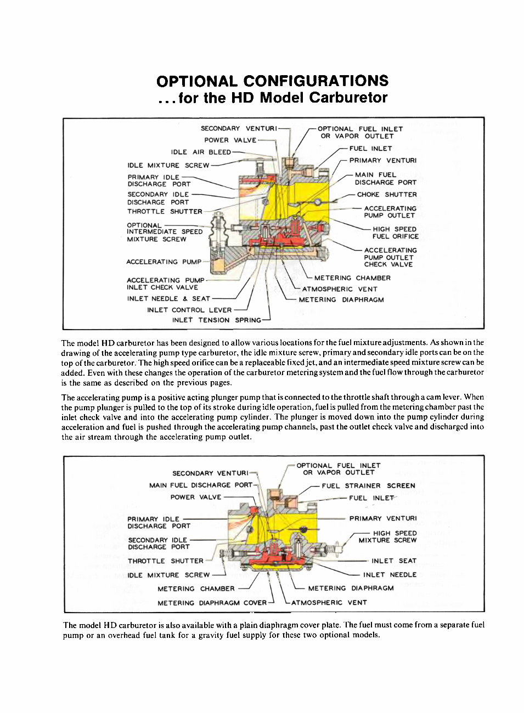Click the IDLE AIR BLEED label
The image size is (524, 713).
(x=201, y=152)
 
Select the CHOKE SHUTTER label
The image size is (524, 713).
(x=386, y=195)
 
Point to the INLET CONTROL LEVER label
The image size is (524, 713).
(x=189, y=310)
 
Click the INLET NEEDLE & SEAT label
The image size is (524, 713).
(x=168, y=299)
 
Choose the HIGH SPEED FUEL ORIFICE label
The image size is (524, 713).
(x=395, y=233)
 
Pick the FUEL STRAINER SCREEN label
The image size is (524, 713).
(x=368, y=486)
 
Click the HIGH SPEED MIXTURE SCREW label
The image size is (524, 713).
(x=388, y=536)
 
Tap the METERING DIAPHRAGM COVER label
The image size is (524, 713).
(x=212, y=603)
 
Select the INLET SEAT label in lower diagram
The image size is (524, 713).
(x=393, y=561)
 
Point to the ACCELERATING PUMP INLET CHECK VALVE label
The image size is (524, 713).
(x=165, y=284)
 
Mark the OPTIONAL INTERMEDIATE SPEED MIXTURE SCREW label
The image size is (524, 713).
(x=164, y=232)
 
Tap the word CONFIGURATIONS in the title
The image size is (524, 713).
(x=315, y=81)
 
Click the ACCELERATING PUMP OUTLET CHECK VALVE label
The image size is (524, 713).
(x=390, y=257)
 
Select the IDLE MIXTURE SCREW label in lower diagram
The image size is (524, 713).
(x=168, y=575)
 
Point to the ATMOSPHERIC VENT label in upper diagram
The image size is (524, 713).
(x=340, y=289)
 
